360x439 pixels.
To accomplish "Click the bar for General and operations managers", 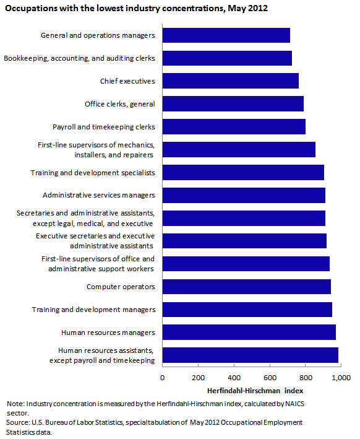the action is click(x=226, y=35).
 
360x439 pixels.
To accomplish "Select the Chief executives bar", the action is click(x=231, y=81).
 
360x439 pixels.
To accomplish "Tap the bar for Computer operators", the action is click(x=247, y=287).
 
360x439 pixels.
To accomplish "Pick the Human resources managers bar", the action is click(x=249, y=333).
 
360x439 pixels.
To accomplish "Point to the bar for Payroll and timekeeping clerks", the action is click(x=234, y=127).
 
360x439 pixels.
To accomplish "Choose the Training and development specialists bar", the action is click(x=243, y=173).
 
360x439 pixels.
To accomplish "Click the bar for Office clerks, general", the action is click(x=233, y=104).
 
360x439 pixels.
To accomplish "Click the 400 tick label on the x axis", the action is click(x=234, y=378).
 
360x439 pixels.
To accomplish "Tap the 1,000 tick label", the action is click(x=341, y=378).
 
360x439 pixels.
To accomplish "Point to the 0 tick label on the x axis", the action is click(x=162, y=378).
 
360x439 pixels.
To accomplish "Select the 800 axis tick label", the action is click(x=306, y=378).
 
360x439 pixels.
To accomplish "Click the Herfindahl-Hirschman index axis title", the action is click(x=255, y=391).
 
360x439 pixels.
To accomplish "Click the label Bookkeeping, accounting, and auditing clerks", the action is click(x=79, y=58).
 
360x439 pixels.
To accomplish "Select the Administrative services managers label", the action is click(x=99, y=195).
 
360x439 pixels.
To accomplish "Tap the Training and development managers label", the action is click(x=93, y=310).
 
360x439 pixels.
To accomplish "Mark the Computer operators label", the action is click(x=121, y=287).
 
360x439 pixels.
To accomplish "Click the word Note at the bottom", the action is click(x=15, y=404).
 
